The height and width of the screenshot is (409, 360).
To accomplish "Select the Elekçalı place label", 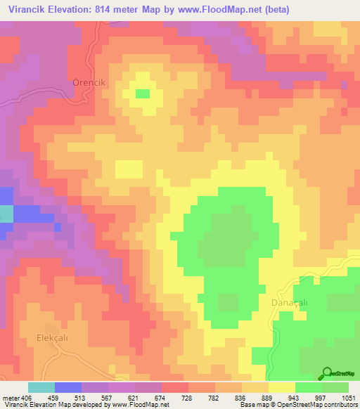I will point(61,337).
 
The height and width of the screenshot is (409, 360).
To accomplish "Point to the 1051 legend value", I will point(349,396).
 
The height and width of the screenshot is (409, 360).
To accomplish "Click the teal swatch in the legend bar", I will point(41,387).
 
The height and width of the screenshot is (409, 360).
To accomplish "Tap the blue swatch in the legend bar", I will point(67,387).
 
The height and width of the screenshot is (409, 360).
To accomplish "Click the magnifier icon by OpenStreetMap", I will point(326,373).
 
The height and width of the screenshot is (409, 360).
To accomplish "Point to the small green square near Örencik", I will point(143,93).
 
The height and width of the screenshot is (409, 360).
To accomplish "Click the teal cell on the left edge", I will point(6,214).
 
